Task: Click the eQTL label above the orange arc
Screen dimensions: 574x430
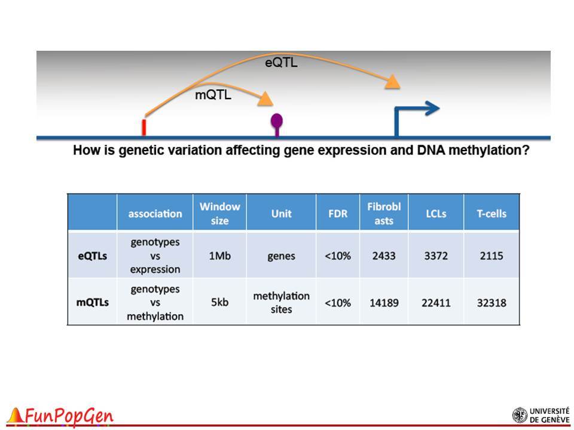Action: [281, 63]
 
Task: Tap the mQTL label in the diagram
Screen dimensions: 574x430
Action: [213, 95]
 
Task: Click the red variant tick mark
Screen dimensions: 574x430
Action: [144, 127]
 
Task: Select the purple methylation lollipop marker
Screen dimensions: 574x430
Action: [277, 124]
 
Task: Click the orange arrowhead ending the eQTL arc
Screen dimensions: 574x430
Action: [393, 82]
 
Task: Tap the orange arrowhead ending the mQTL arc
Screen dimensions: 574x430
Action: [265, 99]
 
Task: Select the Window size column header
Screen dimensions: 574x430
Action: [219, 214]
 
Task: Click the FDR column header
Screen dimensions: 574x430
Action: [337, 214]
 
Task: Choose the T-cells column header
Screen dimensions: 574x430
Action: [491, 214]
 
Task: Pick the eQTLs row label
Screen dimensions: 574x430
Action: [92, 256]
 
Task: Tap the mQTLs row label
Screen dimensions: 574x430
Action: [92, 302]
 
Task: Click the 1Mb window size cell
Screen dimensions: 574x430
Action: [219, 256]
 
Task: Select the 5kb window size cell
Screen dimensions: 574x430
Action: [219, 302]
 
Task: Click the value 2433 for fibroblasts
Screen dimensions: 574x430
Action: [384, 256]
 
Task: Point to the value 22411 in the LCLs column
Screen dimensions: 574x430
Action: [436, 303]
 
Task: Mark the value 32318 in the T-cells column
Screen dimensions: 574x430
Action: [491, 303]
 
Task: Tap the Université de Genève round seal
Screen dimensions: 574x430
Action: [520, 416]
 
